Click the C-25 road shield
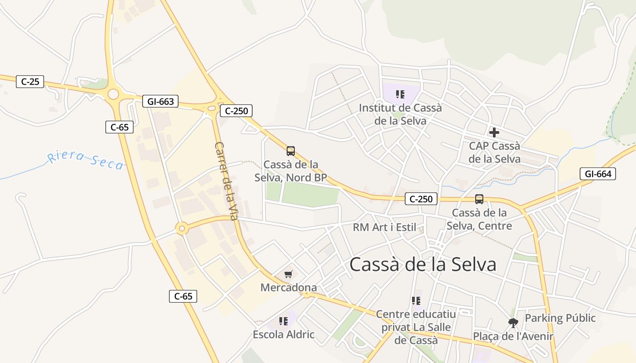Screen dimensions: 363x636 (30, 82)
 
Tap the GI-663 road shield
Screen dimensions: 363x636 (160, 101)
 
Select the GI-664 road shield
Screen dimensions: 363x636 (597, 174)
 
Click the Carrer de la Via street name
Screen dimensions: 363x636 (226, 181)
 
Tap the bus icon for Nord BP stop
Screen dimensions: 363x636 (291, 151)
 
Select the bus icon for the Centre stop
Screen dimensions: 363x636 (479, 199)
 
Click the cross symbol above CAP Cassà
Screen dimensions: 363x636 (494, 132)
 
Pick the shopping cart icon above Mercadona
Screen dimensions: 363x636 (288, 274)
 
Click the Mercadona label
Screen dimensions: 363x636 (288, 287)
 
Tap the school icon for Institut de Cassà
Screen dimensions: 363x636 (400, 94)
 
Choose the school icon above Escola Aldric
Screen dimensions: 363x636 (283, 321)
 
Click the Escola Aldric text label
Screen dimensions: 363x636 (283, 335)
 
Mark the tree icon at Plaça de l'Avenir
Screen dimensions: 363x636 (513, 323)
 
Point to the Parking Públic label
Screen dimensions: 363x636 (560, 318)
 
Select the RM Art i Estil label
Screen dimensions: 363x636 (384, 227)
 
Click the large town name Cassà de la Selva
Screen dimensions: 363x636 (423, 265)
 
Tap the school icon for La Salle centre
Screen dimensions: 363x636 (416, 301)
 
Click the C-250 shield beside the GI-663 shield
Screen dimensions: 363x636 (236, 111)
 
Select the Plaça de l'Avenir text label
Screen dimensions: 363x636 (513, 336)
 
